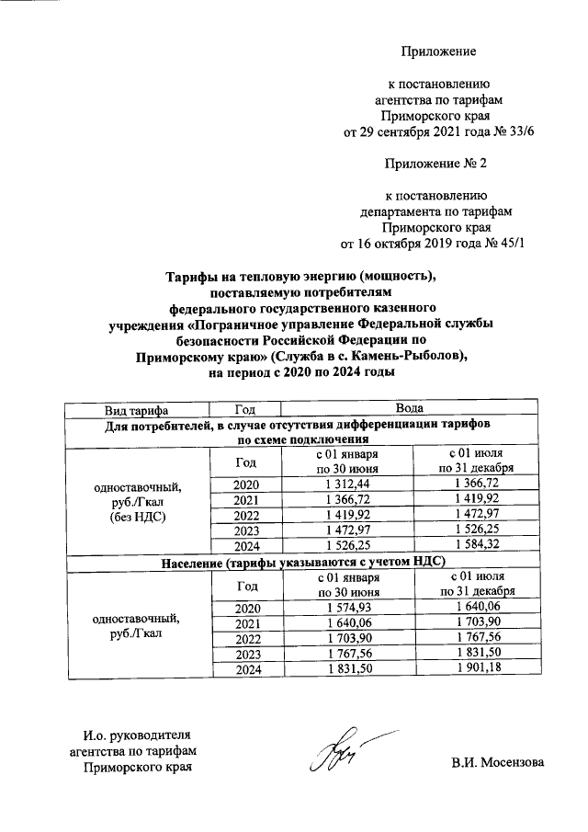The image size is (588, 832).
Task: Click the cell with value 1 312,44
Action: tap(346, 484)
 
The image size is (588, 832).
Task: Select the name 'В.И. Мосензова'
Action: tap(497, 762)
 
